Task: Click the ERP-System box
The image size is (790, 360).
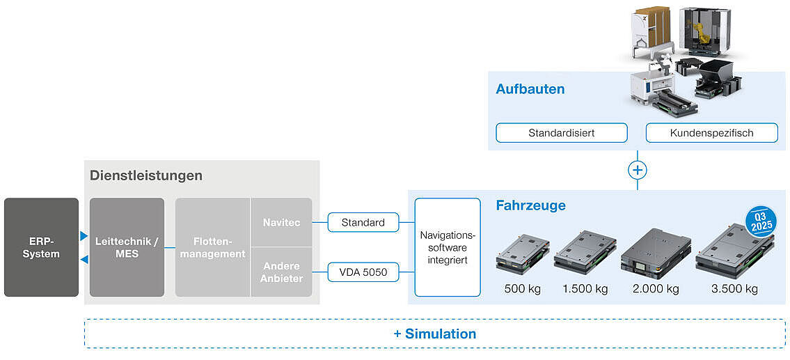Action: coord(41,247)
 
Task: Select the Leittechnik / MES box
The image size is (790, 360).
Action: coord(127,247)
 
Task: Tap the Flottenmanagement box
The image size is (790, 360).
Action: coord(212,247)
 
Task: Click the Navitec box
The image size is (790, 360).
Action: coord(282,222)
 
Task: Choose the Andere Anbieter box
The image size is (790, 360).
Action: coord(282,272)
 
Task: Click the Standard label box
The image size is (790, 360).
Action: coord(363,222)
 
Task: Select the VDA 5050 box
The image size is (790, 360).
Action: coord(363,272)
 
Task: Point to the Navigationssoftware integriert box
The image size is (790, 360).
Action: coord(448,247)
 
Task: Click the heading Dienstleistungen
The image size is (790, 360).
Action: coord(145,175)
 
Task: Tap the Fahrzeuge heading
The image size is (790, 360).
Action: coord(530,205)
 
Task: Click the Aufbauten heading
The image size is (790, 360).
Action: coord(530,89)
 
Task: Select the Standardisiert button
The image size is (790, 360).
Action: coord(561,132)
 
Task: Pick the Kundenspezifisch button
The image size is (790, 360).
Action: coord(711,132)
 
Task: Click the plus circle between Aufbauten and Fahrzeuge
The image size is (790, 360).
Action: coord(637,170)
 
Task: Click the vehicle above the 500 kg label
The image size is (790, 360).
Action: coord(522,254)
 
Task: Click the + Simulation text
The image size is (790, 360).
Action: coord(434,334)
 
